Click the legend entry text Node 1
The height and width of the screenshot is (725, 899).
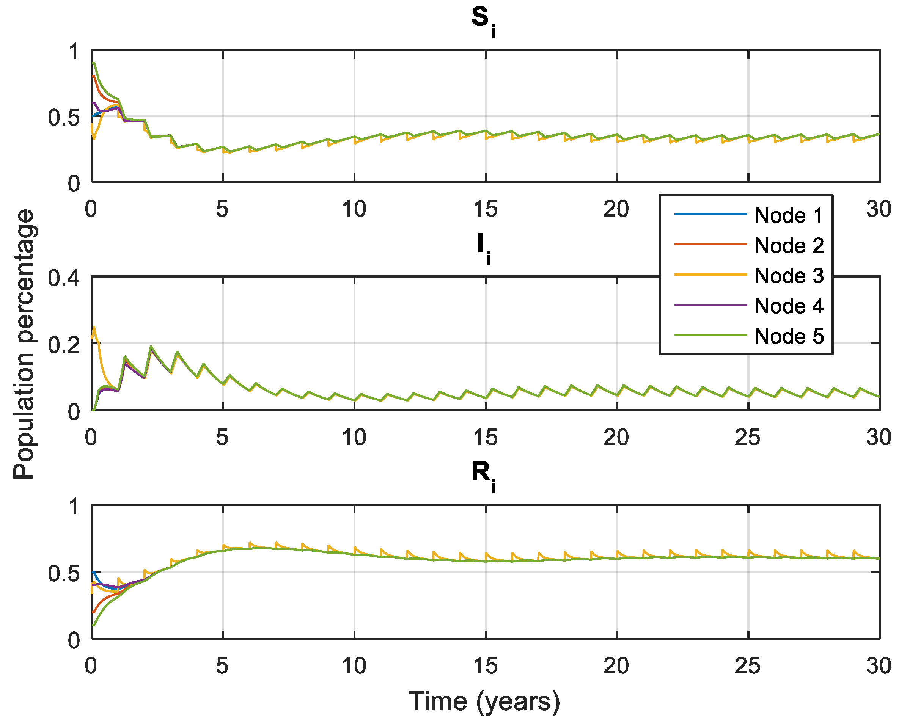coord(789,215)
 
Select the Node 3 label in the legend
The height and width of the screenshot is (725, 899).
coord(789,276)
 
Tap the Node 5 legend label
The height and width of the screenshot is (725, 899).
coord(789,337)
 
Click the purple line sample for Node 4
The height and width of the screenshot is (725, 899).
coord(710,305)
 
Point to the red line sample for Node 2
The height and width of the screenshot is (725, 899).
coord(710,244)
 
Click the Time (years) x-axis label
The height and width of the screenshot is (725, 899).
coord(484,701)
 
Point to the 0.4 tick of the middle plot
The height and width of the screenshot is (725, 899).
coord(63,278)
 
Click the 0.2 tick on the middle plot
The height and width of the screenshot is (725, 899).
coord(63,345)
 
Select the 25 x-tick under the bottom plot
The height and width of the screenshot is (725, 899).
coord(747,666)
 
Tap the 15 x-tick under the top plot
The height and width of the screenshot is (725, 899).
coord(485,209)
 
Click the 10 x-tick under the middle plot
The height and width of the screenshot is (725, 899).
coord(354,438)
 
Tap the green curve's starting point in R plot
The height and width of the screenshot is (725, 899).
coord(94,626)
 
